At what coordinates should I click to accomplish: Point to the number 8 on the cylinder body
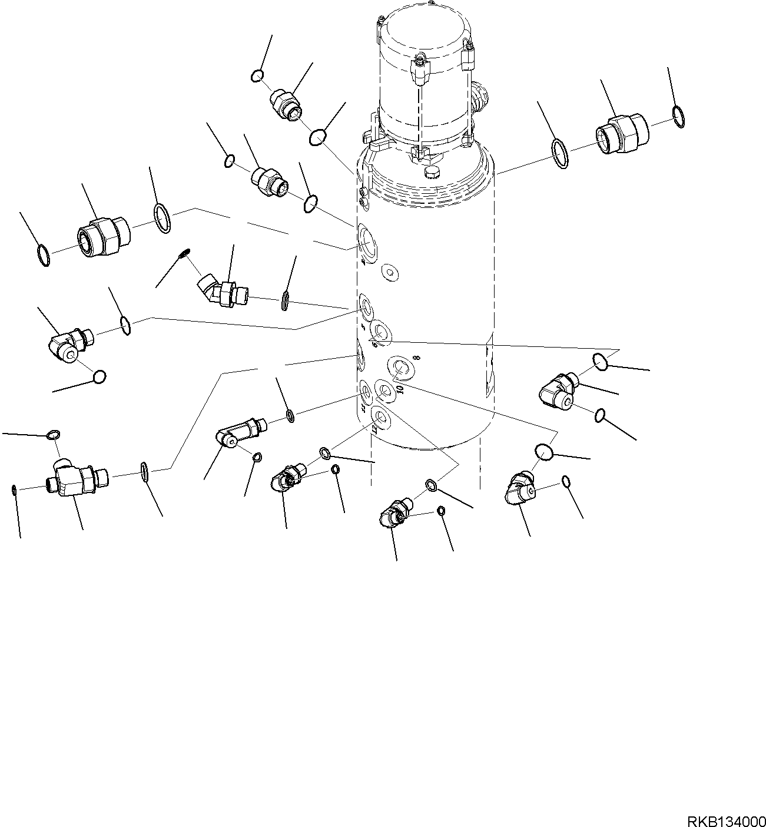pyautogui.click(x=416, y=358)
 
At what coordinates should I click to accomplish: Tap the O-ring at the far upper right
pyautogui.click(x=678, y=117)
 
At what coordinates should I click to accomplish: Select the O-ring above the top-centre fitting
pyautogui.click(x=257, y=75)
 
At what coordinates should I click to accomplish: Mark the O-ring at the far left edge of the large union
pyautogui.click(x=43, y=256)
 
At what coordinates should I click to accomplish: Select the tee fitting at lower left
pyautogui.click(x=74, y=477)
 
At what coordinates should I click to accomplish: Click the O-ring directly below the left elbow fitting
pyautogui.click(x=100, y=376)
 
